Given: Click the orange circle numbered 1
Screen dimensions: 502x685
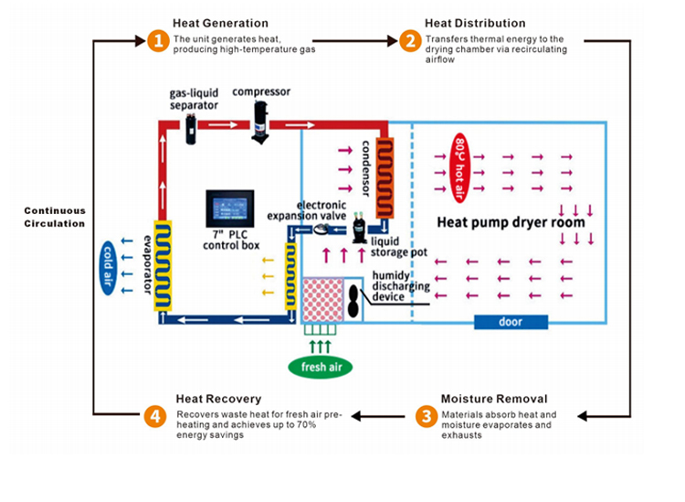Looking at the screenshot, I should tap(157, 40).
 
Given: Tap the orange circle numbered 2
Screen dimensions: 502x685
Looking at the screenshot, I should tap(409, 40).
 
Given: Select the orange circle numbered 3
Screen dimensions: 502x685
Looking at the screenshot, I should tap(425, 416).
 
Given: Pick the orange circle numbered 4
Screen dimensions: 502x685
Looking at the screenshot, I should tap(157, 416).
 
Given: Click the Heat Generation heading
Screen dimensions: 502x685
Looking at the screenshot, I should tap(220, 23).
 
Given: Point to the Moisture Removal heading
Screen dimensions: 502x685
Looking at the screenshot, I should tap(493, 399).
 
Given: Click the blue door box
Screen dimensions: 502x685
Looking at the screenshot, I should tap(511, 322).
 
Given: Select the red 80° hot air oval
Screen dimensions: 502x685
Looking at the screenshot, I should tap(460, 156).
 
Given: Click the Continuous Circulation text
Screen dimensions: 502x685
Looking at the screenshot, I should tap(54, 216).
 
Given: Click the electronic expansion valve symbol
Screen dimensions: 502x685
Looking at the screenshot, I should tap(323, 230).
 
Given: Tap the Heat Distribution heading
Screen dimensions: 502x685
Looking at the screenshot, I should tap(475, 23).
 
